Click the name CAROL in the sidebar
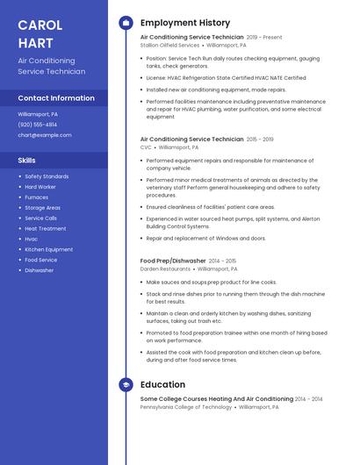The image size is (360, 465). click(40, 24)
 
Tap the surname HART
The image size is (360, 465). click(36, 42)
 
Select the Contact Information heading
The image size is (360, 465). click(56, 98)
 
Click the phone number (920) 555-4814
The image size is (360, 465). click(38, 125)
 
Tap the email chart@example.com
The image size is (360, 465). click(45, 135)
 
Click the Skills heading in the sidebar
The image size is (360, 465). click(27, 161)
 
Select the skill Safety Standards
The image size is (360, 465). click(47, 176)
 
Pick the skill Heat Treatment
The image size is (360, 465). click(45, 228)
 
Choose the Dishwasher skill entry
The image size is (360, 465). click(39, 270)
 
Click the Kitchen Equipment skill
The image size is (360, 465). click(48, 249)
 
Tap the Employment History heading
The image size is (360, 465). click(185, 23)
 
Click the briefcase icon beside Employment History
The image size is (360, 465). click(126, 23)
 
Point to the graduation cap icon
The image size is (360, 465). click(126, 384)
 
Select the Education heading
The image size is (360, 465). click(162, 384)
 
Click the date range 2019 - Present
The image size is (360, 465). click(264, 38)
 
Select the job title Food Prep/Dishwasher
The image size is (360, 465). click(173, 261)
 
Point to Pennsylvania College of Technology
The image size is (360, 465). click(186, 407)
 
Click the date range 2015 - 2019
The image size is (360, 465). click(260, 139)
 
